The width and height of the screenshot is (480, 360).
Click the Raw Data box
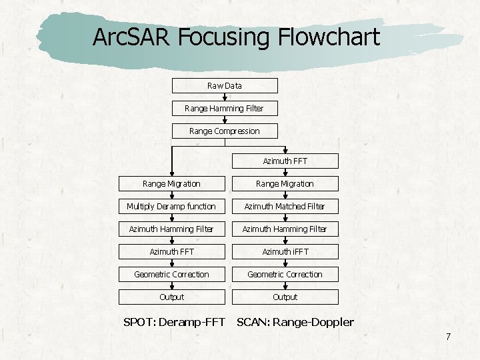point(225,85)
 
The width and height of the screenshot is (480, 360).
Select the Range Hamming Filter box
point(225,108)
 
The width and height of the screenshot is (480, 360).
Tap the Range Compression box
point(225,131)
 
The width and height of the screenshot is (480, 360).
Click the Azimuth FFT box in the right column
point(285,161)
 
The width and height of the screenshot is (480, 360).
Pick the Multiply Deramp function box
point(171,206)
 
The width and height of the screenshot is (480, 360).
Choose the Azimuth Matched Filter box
point(285,206)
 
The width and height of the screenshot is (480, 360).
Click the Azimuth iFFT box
point(285,251)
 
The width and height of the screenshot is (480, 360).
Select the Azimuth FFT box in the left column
point(171,251)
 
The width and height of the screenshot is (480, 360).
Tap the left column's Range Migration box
point(171,183)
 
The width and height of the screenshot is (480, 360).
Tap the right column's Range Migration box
point(285,183)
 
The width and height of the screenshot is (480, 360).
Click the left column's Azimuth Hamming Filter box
point(171,229)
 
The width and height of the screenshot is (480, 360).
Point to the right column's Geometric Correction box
point(285,274)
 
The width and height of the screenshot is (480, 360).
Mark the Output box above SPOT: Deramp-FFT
point(171,297)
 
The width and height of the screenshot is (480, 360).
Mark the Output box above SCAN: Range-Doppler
point(285,297)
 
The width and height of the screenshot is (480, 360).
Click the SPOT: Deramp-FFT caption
point(174,323)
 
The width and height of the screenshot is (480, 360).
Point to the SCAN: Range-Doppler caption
point(295,323)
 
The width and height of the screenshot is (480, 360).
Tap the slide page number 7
point(448,337)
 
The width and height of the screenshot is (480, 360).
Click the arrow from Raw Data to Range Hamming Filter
point(225,97)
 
